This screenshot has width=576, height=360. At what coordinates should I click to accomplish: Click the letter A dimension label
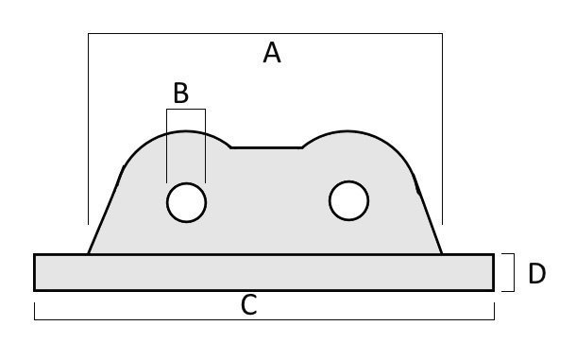click(x=272, y=53)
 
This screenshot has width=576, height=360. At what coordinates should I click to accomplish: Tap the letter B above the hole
click(x=180, y=93)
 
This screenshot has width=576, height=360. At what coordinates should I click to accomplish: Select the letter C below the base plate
click(x=249, y=305)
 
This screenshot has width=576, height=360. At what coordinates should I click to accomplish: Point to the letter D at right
click(x=536, y=274)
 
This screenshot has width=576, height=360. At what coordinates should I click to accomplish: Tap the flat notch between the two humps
click(x=266, y=147)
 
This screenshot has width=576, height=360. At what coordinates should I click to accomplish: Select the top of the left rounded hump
click(x=185, y=131)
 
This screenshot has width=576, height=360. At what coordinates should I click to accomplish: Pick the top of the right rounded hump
click(x=347, y=131)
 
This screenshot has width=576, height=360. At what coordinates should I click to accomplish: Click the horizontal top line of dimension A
click(x=265, y=33)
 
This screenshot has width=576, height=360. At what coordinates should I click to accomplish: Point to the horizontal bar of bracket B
click(x=186, y=110)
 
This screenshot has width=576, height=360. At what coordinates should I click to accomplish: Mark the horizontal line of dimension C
click(x=264, y=319)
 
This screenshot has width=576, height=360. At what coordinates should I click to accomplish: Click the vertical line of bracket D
click(x=514, y=272)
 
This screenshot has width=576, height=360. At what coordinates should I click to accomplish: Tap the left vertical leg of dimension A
click(x=88, y=129)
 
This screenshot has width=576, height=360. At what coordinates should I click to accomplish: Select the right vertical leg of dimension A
click(x=442, y=129)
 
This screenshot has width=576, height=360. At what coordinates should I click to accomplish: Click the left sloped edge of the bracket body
click(x=106, y=212)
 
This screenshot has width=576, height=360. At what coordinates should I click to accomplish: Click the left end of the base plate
click(x=35, y=272)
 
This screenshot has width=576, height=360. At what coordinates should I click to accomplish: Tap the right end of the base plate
click(x=493, y=272)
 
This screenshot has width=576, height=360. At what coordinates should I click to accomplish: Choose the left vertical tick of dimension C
click(x=35, y=311)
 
